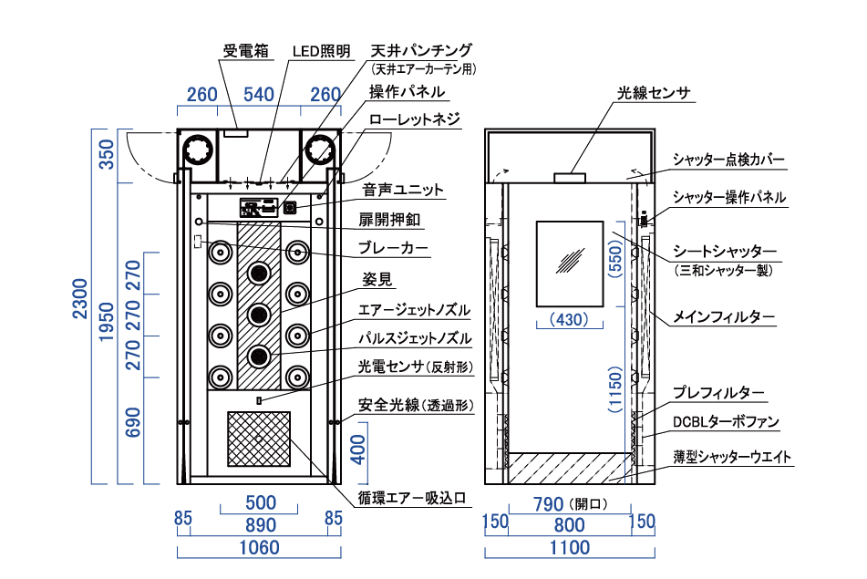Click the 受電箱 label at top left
pyautogui.click(x=245, y=51)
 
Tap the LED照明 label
pyautogui.click(x=321, y=51)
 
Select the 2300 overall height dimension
pyautogui.click(x=81, y=299)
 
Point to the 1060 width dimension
pyautogui.click(x=259, y=547)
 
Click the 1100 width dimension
pyautogui.click(x=570, y=547)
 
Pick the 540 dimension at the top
pyautogui.click(x=259, y=95)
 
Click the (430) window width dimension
pyautogui.click(x=569, y=320)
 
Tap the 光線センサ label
pyautogui.click(x=654, y=92)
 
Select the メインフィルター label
pyautogui.click(x=723, y=317)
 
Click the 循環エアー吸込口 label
pyautogui.click(x=412, y=498)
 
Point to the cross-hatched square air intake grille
pyautogui.click(x=259, y=439)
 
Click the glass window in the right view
pyautogui.click(x=570, y=264)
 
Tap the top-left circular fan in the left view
pyautogui.click(x=198, y=150)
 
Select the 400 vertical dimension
pyautogui.click(x=358, y=450)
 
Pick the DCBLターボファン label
pyautogui.click(x=726, y=422)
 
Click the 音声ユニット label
pyautogui.click(x=403, y=190)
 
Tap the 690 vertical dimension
pyautogui.click(x=133, y=422)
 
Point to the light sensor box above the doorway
pyautogui.click(x=570, y=178)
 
